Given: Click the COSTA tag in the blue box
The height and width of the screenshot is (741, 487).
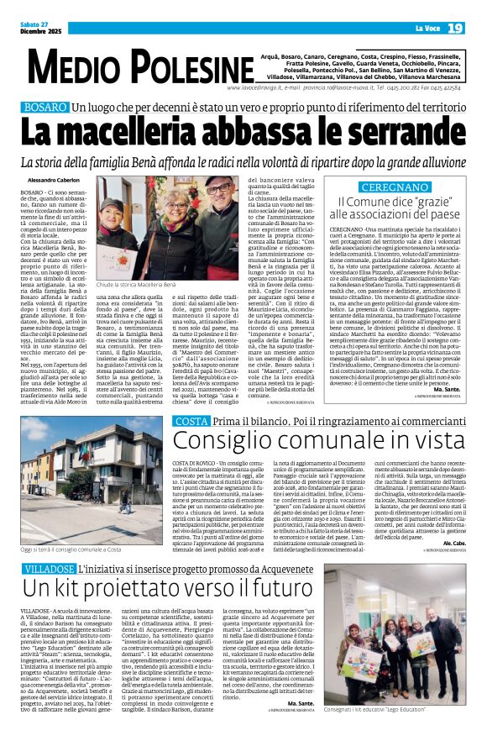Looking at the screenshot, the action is [190, 443].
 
